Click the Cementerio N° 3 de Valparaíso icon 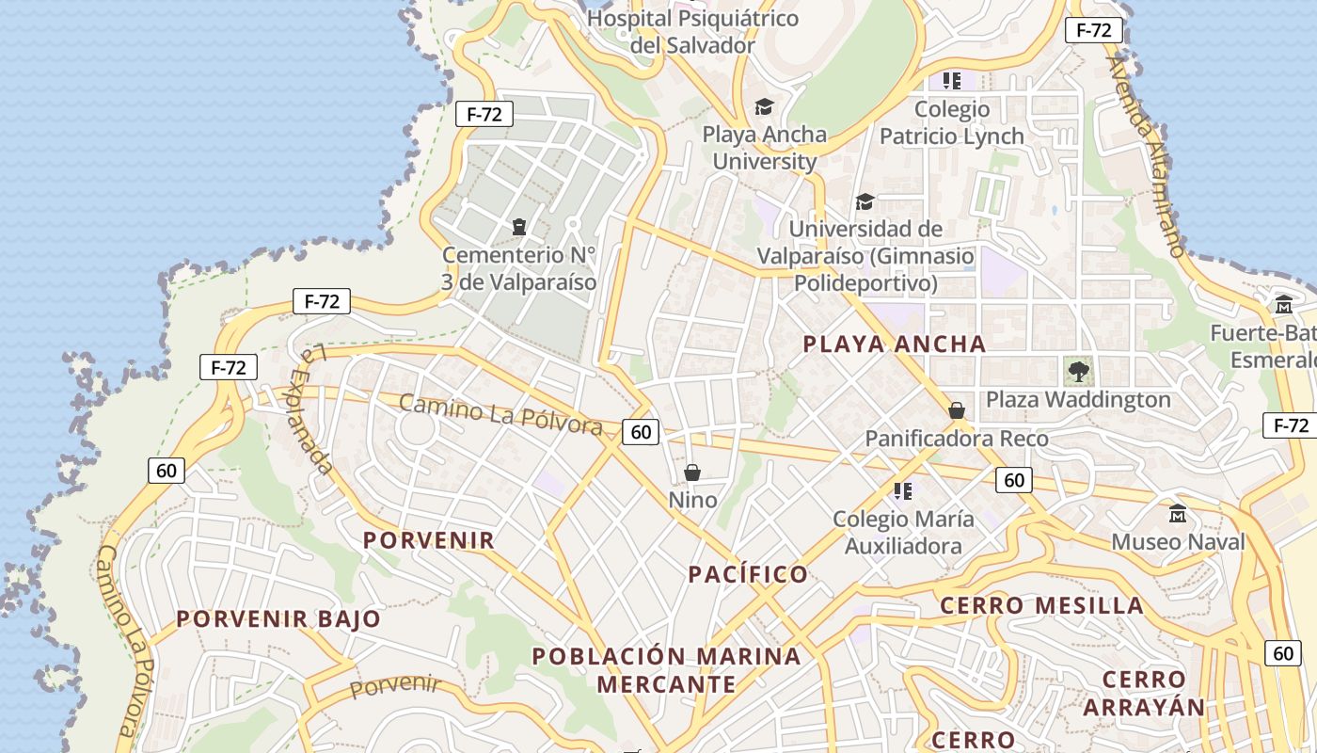click(518, 227)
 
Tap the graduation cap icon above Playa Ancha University click(764, 107)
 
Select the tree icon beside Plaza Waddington click(1079, 370)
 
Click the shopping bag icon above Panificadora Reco click(957, 410)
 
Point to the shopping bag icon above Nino click(692, 472)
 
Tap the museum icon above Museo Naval click(1178, 514)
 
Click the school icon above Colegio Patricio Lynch click(952, 81)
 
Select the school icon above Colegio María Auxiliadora click(903, 490)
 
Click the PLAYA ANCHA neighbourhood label click(894, 344)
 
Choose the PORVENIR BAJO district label click(278, 619)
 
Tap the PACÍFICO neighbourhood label click(748, 574)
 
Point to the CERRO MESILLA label click(1042, 605)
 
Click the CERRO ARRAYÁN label click(1144, 693)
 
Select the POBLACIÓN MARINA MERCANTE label click(666, 669)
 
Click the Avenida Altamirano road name click(1145, 155)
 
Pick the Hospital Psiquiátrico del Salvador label click(692, 31)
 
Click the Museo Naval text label click(1178, 542)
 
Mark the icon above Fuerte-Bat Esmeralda click(1284, 305)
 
